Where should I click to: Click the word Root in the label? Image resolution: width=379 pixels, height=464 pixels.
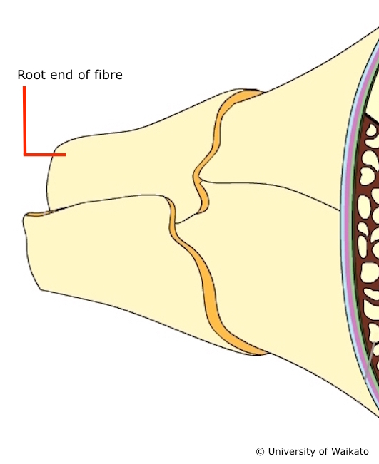click(31, 75)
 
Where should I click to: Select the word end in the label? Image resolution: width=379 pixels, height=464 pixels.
click(61, 75)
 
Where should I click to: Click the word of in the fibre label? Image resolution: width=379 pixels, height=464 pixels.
click(84, 74)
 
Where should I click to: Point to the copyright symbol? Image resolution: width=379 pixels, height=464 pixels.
click(260, 452)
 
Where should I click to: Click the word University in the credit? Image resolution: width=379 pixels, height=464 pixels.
click(292, 452)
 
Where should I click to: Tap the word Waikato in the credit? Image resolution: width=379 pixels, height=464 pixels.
click(350, 452)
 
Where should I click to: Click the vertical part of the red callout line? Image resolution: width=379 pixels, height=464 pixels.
click(24, 120)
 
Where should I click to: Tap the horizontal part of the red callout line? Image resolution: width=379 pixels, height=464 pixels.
click(44, 154)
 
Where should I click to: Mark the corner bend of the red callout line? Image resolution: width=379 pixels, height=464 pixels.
click(24, 154)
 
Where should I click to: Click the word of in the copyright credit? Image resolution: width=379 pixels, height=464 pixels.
click(323, 452)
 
